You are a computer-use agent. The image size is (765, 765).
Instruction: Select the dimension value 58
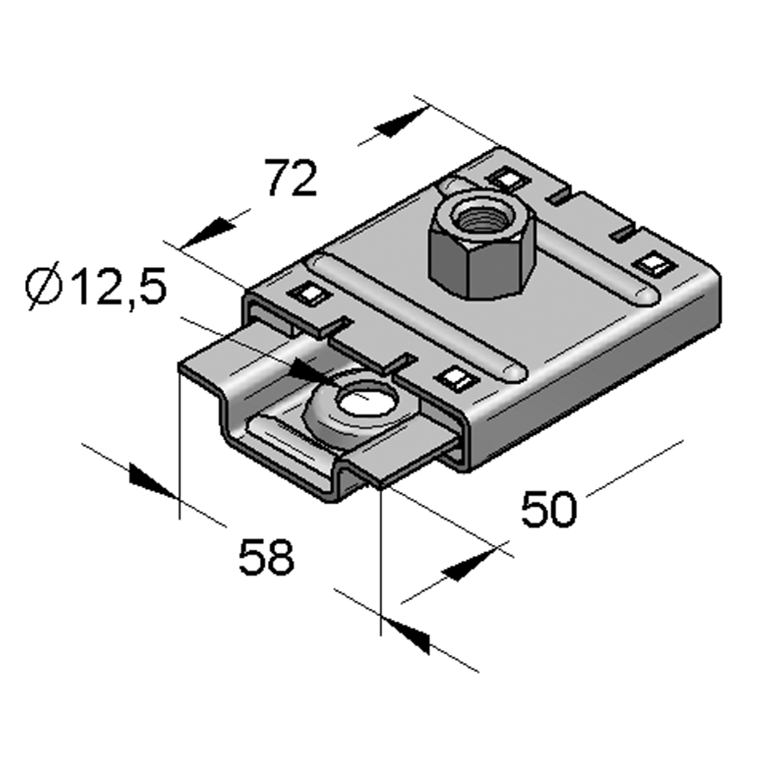[x=266, y=558]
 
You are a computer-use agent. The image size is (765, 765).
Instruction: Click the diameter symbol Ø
[x=45, y=289]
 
